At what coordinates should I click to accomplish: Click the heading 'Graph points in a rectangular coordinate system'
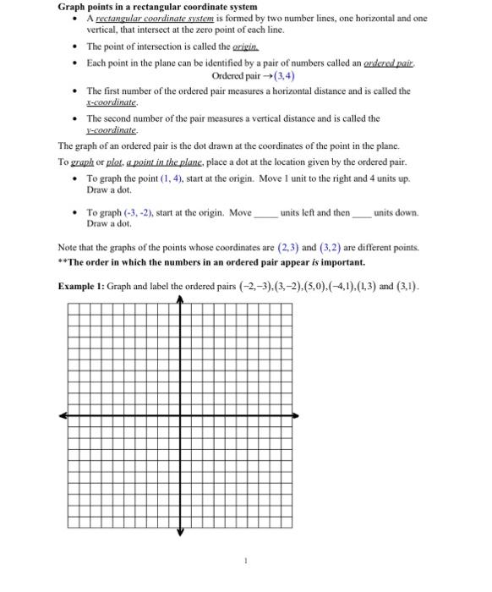point(156,7)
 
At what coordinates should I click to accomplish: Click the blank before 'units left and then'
point(265,213)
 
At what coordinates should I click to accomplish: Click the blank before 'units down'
point(361,213)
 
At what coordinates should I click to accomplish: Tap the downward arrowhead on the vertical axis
point(179,532)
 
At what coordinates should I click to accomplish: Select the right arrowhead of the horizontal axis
point(296,415)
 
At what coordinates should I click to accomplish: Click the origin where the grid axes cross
point(179,415)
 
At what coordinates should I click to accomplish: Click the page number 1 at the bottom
point(245,560)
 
